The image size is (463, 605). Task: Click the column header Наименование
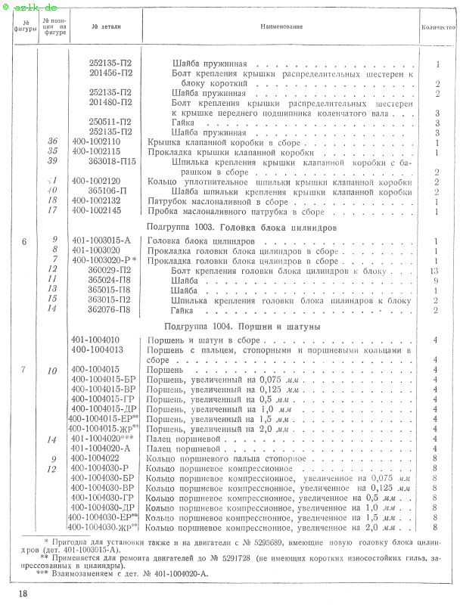(281, 26)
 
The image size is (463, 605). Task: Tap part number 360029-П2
(110, 270)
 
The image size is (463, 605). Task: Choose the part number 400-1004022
(95, 458)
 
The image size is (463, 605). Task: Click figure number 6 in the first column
(24, 241)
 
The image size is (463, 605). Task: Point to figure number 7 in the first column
(24, 369)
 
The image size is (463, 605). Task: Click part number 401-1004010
(95, 340)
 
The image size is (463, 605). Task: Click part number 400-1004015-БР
(104, 379)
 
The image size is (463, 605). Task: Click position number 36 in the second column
(52, 141)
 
